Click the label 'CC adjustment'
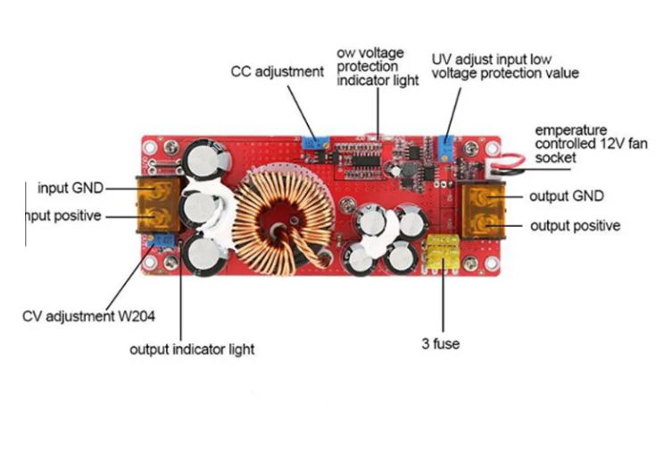277,71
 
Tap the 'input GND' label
71,188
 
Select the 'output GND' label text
567,196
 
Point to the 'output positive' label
575,225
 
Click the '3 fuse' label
441,343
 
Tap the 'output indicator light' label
192,348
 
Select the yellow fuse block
440,251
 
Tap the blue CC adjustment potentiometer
314,143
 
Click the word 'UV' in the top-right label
442,59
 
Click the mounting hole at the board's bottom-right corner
493,263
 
